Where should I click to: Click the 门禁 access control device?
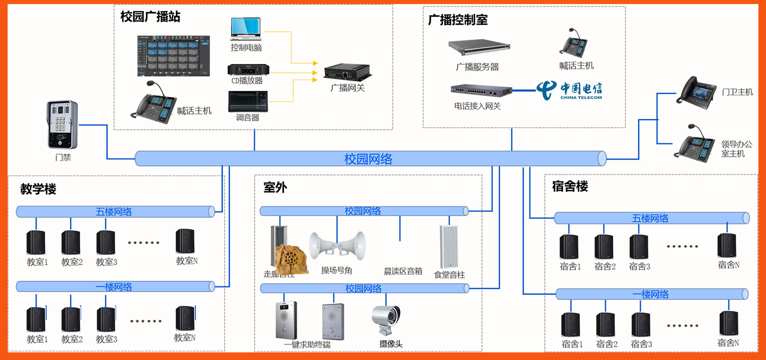62,124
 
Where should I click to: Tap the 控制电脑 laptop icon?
246,29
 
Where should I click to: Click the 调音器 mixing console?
248,101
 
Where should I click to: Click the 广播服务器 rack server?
479,47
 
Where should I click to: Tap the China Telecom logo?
569,90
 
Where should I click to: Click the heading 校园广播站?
150,17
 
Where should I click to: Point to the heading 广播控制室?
458,20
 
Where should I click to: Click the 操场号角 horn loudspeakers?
337,245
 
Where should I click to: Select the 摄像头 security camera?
387,320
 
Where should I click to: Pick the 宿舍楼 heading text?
570,187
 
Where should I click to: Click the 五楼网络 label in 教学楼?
114,211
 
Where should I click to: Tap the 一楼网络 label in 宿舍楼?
651,294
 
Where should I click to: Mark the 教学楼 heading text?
38,190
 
